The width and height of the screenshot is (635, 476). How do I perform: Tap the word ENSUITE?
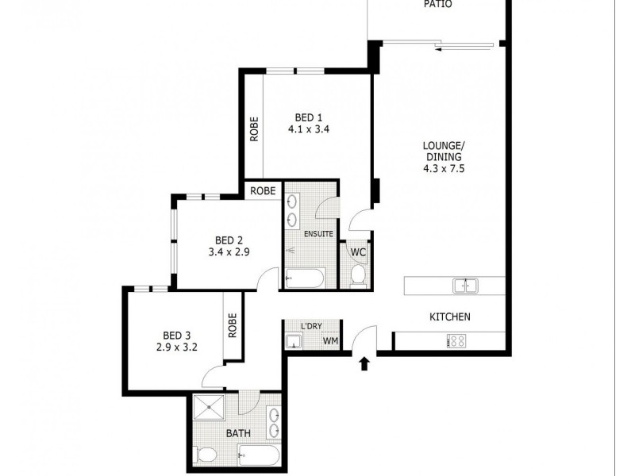coord(318,234)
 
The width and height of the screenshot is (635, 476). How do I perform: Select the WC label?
coord(358,252)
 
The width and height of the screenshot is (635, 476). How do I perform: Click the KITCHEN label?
coord(450,317)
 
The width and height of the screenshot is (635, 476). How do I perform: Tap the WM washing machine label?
coord(329,342)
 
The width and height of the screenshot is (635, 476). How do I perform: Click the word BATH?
coord(239,434)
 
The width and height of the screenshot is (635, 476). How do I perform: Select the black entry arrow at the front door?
coord(364,363)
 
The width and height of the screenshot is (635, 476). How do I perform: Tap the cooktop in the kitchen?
coord(457,340)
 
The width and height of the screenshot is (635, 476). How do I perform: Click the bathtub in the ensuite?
coord(303,278)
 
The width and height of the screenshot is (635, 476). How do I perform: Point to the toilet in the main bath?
coord(206,455)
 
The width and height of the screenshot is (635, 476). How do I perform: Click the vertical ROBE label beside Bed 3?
coord(233,326)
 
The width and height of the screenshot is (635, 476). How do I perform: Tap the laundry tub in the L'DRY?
coord(293,342)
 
